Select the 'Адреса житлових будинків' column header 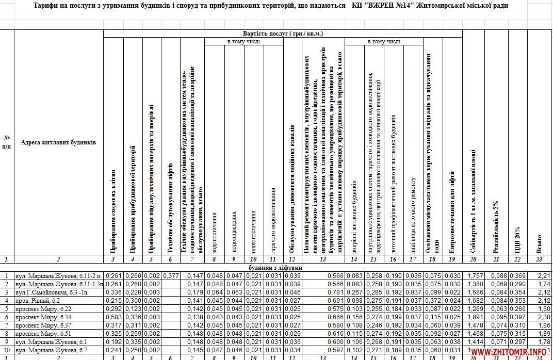click(x=58, y=142)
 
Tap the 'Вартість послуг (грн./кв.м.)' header click(x=283, y=34)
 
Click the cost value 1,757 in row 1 click(x=473, y=276)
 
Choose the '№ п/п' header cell click(x=7, y=142)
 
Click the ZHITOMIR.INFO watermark click(x=516, y=352)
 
